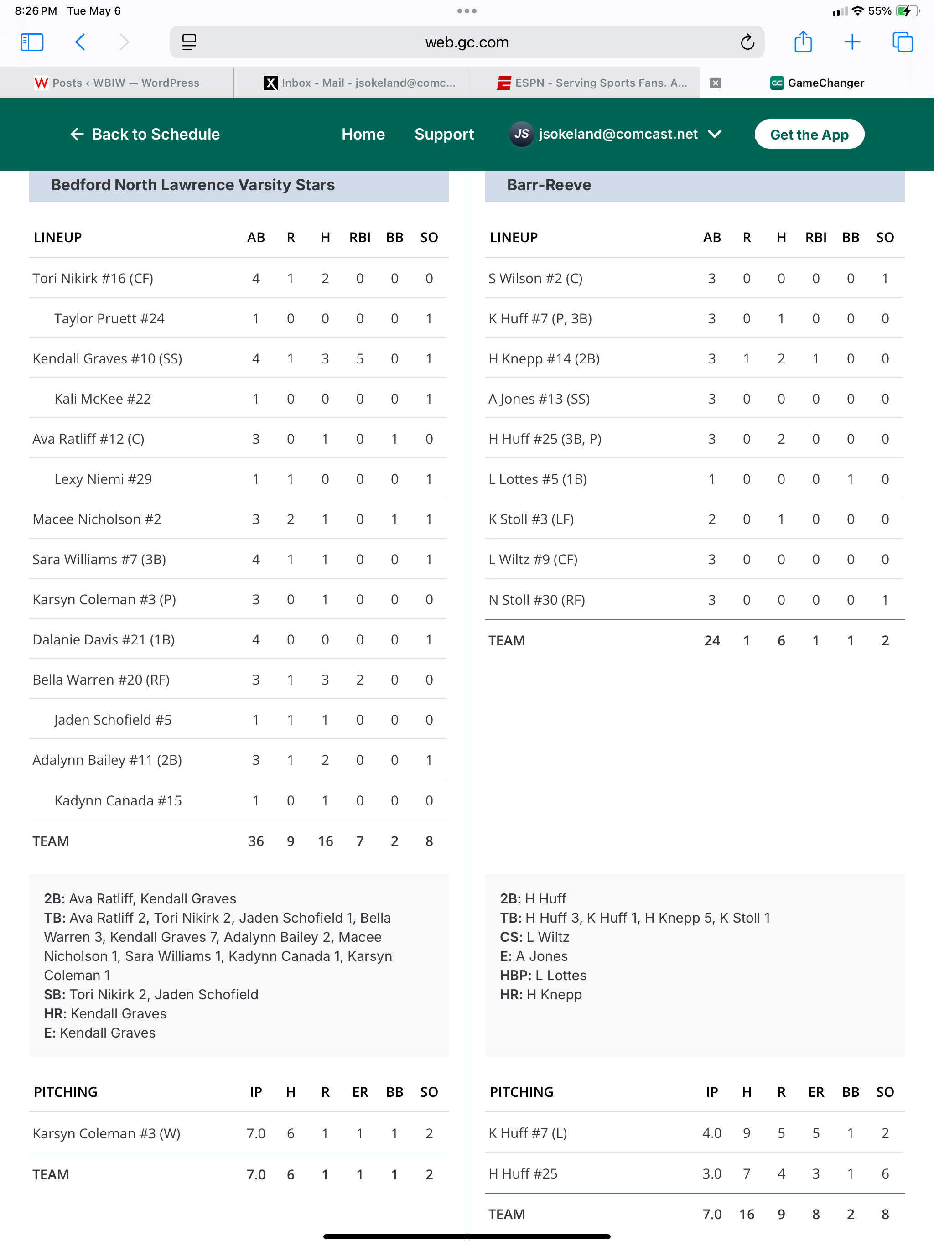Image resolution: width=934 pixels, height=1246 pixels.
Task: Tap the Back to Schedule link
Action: [x=145, y=134]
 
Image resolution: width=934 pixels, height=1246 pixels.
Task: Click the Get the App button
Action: [x=809, y=135]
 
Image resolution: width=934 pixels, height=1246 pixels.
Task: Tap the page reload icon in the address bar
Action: [x=747, y=42]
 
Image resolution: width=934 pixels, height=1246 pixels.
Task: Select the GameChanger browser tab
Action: [x=817, y=83]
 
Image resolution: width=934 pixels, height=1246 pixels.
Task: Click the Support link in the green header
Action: [x=444, y=134]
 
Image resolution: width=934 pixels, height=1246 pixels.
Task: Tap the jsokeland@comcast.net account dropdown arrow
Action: [x=715, y=134]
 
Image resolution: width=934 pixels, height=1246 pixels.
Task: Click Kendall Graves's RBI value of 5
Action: [x=359, y=359]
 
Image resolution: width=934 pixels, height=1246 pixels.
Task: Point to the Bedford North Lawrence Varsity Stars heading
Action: [x=192, y=185]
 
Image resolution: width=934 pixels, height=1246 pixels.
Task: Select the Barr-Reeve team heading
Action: [x=549, y=185]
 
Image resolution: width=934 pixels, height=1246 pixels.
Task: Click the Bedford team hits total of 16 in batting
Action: [x=325, y=841]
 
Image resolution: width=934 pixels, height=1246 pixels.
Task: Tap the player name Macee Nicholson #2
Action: [x=97, y=519]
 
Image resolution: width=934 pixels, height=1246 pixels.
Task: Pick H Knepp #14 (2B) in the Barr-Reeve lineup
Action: [x=544, y=359]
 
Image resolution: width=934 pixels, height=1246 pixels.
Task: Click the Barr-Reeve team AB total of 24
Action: [x=711, y=640]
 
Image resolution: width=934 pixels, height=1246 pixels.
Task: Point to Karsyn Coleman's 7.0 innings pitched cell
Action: [x=256, y=1133]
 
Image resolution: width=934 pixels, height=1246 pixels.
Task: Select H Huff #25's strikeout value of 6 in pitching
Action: [x=884, y=1174]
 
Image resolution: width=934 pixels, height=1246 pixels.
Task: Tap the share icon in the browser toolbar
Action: [x=803, y=42]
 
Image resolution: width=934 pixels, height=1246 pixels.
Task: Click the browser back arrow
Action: [x=81, y=42]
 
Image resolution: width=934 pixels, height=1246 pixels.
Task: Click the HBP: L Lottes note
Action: [x=543, y=975]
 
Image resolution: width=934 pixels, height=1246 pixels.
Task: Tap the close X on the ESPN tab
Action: [x=716, y=83]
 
